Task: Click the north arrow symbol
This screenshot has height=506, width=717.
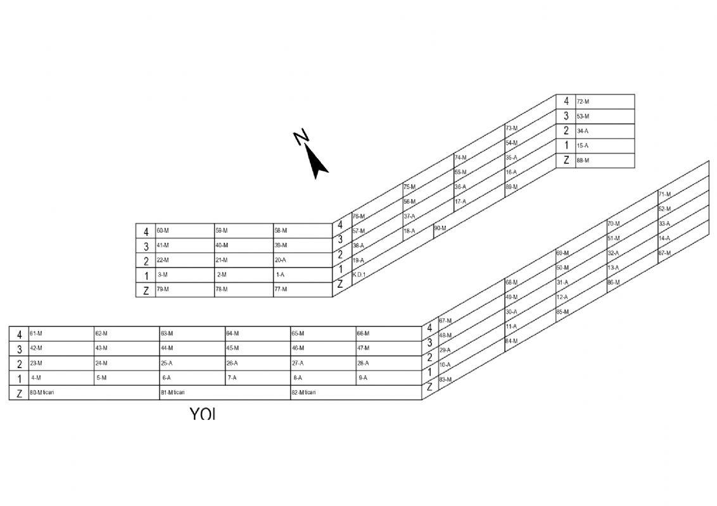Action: tap(314, 158)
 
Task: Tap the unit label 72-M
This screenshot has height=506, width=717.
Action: tap(583, 102)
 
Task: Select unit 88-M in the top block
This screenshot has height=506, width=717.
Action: tap(583, 161)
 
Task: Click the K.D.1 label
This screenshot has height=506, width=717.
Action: tap(359, 275)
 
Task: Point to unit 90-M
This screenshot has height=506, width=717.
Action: tap(440, 228)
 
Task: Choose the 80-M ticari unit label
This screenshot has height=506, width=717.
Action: tap(42, 393)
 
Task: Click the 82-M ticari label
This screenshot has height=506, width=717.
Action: tap(304, 393)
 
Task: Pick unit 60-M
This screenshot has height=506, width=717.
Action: tap(163, 231)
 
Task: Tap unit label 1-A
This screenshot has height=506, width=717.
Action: tap(280, 275)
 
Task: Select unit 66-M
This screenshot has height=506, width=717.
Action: tap(363, 333)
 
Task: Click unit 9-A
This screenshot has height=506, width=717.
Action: tap(363, 378)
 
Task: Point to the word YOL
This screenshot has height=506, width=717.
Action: tap(203, 415)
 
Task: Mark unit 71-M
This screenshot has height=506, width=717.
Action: tap(664, 194)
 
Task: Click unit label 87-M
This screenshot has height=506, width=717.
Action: tap(664, 253)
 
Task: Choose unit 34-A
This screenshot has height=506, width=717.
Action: tap(583, 132)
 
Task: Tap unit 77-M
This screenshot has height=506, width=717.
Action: tap(281, 290)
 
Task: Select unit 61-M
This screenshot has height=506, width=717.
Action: tap(36, 333)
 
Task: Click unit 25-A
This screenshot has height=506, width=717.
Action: tap(167, 364)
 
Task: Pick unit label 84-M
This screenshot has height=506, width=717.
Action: tap(511, 342)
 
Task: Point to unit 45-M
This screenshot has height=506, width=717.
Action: tap(232, 349)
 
